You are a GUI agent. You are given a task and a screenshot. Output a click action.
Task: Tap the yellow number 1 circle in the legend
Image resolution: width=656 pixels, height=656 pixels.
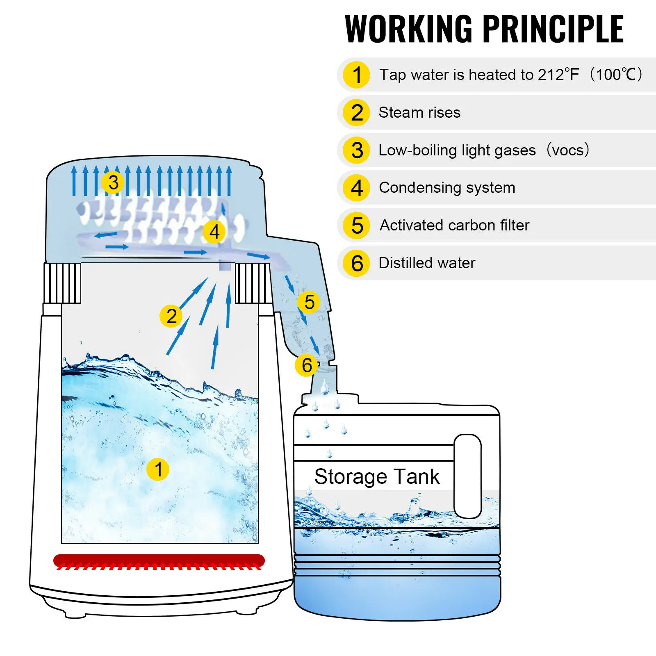click(357, 75)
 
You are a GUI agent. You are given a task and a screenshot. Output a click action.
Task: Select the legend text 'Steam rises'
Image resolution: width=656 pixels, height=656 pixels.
click(419, 112)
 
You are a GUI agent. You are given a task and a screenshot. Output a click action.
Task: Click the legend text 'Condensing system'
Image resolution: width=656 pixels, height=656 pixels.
click(447, 188)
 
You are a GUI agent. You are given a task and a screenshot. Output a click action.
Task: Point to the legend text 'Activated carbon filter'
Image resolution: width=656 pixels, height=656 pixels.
click(454, 225)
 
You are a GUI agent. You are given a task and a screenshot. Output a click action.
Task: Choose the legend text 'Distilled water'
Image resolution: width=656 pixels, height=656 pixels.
click(426, 263)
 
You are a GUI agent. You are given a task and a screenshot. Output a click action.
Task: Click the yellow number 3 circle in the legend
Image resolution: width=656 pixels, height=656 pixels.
click(357, 150)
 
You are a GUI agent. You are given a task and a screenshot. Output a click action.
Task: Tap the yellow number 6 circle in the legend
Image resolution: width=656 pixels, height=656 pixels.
click(357, 263)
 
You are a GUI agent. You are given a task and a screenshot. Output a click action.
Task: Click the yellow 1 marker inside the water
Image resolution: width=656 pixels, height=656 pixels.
click(158, 469)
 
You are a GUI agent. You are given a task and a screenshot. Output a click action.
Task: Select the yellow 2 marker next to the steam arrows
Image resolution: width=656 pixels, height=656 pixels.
click(171, 316)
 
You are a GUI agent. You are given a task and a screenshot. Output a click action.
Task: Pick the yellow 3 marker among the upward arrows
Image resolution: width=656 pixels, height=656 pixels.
click(113, 182)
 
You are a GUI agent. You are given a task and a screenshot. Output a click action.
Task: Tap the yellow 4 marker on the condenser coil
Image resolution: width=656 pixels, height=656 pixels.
click(214, 232)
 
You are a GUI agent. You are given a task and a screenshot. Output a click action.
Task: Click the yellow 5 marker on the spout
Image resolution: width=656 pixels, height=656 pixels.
click(309, 302)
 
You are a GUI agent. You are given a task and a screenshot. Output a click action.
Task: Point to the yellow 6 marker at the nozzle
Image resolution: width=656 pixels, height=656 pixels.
click(306, 365)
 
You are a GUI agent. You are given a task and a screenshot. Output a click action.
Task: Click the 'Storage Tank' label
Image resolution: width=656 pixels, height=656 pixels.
click(376, 476)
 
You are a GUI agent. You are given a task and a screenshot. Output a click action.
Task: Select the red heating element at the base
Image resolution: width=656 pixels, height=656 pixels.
click(159, 560)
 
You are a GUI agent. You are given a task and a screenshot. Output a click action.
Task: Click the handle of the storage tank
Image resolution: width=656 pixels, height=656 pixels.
click(467, 476)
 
